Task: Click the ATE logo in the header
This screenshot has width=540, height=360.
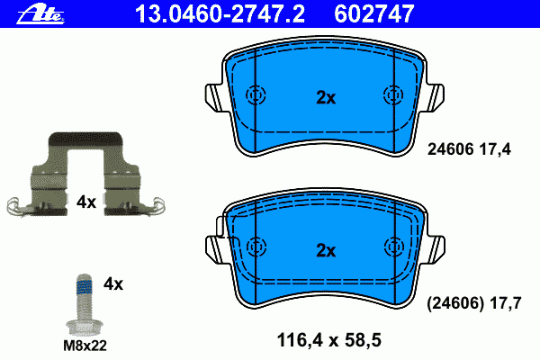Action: tap(40, 14)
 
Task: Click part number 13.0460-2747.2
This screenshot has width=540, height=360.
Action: tap(220, 14)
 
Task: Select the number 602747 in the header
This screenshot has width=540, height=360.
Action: tap(374, 14)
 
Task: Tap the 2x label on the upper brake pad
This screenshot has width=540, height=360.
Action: tap(326, 98)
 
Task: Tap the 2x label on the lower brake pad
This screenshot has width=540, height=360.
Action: tap(326, 251)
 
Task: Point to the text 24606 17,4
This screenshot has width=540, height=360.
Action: tap(469, 149)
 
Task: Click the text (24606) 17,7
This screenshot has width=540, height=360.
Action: tap(474, 303)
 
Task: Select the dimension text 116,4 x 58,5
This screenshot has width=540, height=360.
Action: tap(328, 340)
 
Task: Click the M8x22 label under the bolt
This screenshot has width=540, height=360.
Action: tap(85, 346)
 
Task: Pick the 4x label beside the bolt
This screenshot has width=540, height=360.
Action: tap(113, 284)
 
